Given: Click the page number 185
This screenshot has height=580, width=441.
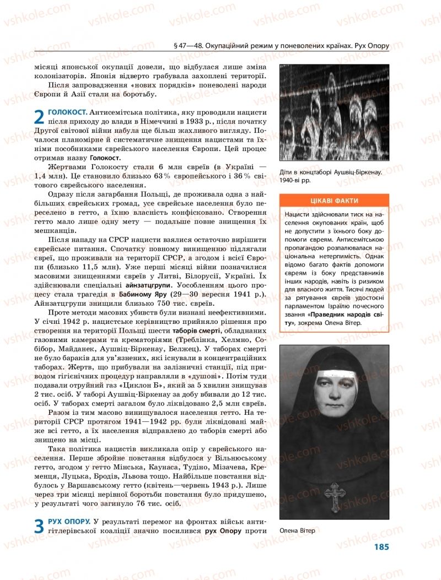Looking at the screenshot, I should coord(381,547).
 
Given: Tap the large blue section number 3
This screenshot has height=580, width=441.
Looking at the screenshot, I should coord(39,526).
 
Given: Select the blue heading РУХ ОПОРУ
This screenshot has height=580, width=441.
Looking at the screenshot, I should coord(69,521).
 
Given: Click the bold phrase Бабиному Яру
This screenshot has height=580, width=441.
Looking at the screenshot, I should coord(142,294).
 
